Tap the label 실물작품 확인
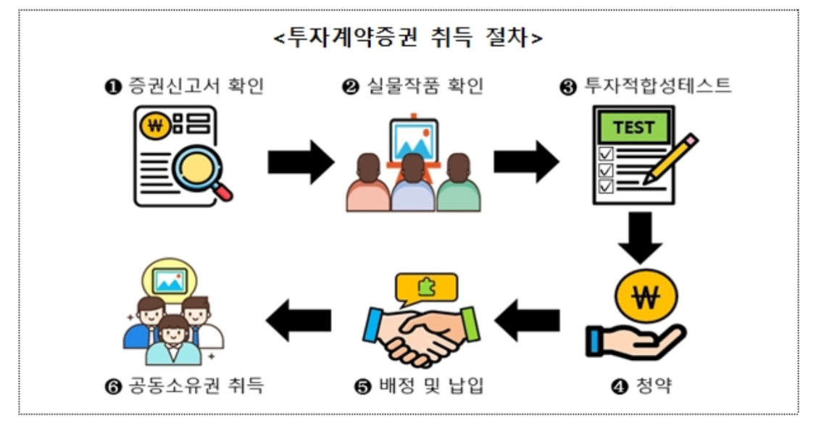[x=413, y=87]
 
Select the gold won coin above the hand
[x=645, y=297]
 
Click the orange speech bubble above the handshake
[x=426, y=288]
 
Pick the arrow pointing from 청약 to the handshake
[x=527, y=320]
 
